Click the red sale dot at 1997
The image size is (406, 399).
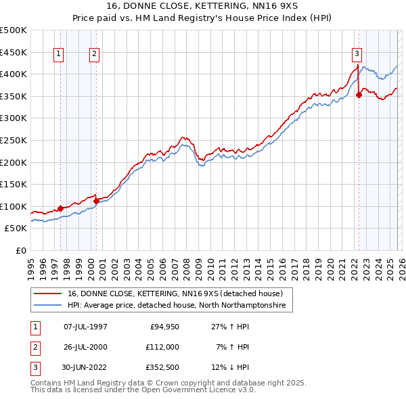pos(60,209)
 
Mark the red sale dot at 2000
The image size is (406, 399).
pos(97,201)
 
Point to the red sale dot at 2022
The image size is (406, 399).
pos(359,95)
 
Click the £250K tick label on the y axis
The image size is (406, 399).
pos(14,140)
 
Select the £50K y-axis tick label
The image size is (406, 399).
pos(16,229)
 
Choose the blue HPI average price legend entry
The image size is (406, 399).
pos(177,306)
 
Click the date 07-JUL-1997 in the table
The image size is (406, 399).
pos(85,327)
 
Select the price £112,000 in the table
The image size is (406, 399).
pos(162,347)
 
